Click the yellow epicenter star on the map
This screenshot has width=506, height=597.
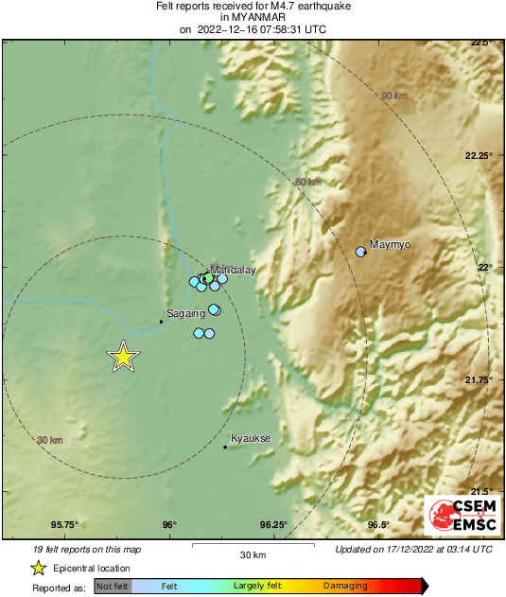point(123,357)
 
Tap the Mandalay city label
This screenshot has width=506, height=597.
point(232,270)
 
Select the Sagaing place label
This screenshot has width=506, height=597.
point(185,313)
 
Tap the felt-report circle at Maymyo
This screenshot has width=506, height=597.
point(360,252)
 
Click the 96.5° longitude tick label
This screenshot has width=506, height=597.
point(378,525)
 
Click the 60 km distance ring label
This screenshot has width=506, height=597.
point(308,183)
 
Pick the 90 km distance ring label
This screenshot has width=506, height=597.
point(393,97)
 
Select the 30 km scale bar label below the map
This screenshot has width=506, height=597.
point(253,553)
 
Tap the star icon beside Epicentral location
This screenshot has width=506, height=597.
point(38,568)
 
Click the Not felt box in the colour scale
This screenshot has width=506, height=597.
point(112,587)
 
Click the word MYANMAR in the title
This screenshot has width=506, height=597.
point(252,17)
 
